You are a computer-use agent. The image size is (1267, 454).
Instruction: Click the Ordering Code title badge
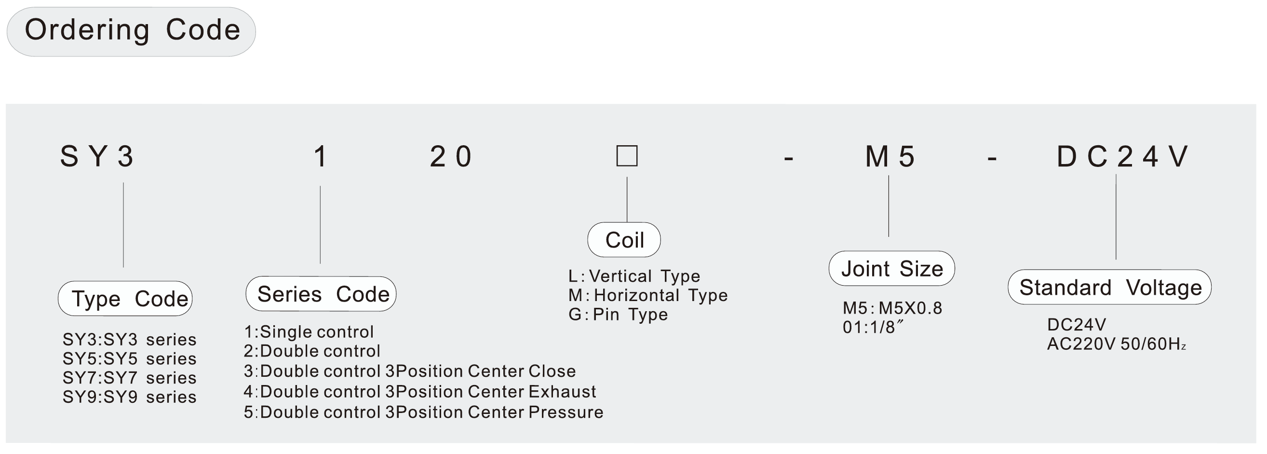coord(131,31)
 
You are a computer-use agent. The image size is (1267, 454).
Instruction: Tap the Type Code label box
coord(125,298)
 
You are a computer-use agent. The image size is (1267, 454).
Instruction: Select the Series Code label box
coord(321,293)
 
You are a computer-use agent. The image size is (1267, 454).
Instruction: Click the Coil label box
coord(624,240)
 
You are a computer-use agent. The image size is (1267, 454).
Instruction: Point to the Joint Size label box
coord(891,268)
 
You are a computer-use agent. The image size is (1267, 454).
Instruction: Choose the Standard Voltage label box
coord(1109,287)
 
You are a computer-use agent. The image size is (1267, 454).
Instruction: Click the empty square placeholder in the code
coord(627,156)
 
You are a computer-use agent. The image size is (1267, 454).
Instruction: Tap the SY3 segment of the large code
coord(97,157)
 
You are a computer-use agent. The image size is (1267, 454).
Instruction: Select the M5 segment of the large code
coord(890,157)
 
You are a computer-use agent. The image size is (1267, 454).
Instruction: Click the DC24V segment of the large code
coord(1122,157)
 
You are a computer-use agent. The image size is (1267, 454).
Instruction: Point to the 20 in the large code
coord(450,157)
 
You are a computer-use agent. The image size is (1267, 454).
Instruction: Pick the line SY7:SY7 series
coord(129,378)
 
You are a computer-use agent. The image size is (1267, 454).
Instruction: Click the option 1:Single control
coord(309,332)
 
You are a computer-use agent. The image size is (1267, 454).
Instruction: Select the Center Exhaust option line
coord(419,391)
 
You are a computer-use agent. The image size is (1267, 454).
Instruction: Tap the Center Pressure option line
coord(423,412)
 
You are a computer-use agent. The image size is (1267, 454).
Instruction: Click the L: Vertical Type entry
coord(634,276)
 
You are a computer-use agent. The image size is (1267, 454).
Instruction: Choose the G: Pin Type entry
coord(618,314)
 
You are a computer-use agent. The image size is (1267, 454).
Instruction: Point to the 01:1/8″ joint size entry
coord(874,327)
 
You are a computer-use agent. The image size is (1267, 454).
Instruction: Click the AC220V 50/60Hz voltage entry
coord(1117,344)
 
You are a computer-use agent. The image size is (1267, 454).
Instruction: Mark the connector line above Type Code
coord(123,225)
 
